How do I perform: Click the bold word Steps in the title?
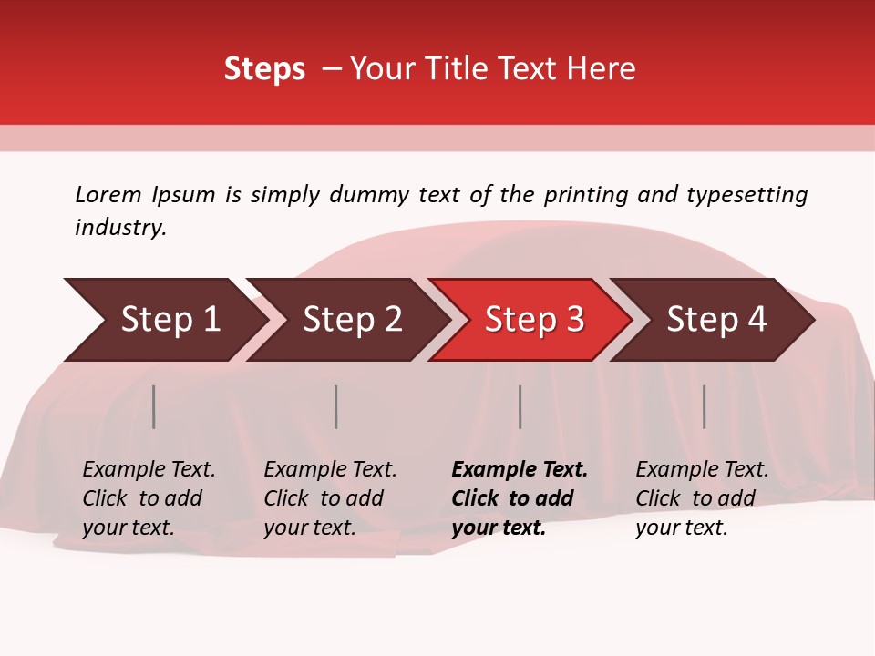pyautogui.click(x=264, y=69)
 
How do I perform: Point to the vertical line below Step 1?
pyautogui.click(x=154, y=406)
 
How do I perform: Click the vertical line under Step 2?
pyautogui.click(x=336, y=406)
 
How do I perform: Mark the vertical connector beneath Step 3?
pyautogui.click(x=520, y=406)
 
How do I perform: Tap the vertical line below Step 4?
pyautogui.click(x=705, y=406)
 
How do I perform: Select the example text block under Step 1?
pyautogui.click(x=149, y=498)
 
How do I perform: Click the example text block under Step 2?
pyautogui.click(x=330, y=498)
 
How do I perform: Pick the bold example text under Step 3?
pyautogui.click(x=520, y=498)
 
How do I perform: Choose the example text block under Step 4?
pyautogui.click(x=702, y=498)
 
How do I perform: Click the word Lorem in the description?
pyautogui.click(x=108, y=195)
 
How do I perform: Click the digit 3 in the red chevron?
pyautogui.click(x=574, y=320)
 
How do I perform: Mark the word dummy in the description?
pyautogui.click(x=371, y=195)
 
